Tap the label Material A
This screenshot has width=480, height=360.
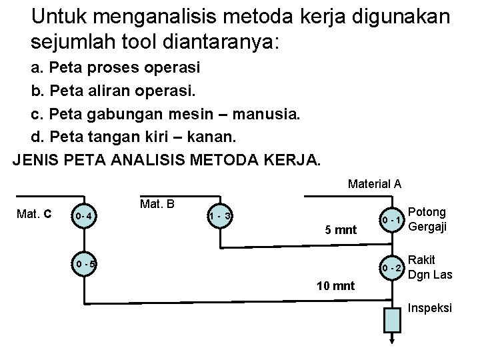[x=374, y=183]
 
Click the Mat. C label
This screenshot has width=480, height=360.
[x=34, y=215]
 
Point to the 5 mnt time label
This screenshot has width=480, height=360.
[x=340, y=230]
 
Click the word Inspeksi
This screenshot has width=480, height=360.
[x=430, y=308]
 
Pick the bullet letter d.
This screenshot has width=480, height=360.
[x=37, y=137]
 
